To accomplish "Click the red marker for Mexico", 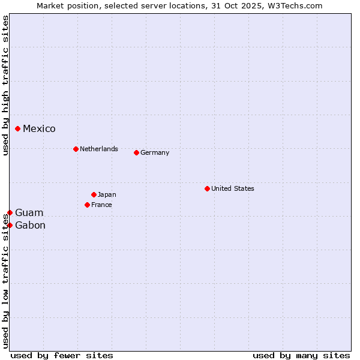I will coord(18,128).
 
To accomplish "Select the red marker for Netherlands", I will coord(76,149).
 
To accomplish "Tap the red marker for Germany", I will coord(136,152).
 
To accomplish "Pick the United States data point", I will coord(207,188).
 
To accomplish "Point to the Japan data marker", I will coord(94,194).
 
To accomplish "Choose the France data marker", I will coord(87,205).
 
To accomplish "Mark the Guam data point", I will coord(10,212).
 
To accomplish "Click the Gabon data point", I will coord(10,225).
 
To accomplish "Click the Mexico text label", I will coord(39,129).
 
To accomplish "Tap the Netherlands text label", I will coord(99,149).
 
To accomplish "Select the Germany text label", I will coord(155,152).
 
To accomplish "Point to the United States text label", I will coord(233,188).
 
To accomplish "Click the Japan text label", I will coord(107,194).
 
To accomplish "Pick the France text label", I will coord(101,205).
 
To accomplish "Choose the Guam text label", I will coord(29,213).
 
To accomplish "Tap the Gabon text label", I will coord(30,226).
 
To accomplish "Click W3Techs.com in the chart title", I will coord(295,5).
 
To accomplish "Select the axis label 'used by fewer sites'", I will coord(62,355).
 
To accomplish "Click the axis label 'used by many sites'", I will coord(301,355).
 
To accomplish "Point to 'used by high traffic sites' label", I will coord(5,85).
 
